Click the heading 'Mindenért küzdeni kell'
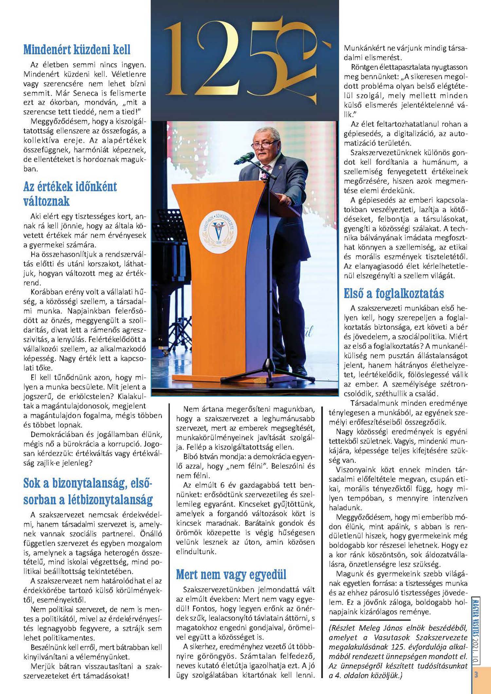tap(77, 50)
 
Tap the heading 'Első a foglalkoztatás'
tap(394, 293)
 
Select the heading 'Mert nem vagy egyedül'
tap(231, 574)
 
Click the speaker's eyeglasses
tap(265, 143)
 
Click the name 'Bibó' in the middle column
tap(191, 457)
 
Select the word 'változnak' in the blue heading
tap(46, 201)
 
